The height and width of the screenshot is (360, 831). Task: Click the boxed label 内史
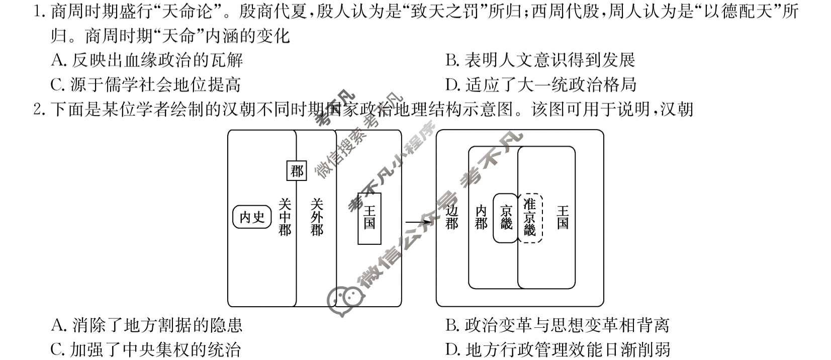(252, 217)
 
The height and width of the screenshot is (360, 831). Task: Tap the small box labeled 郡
(297, 171)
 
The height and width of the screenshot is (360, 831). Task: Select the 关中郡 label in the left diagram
(285, 217)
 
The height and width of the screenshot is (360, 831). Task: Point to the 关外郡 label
(317, 217)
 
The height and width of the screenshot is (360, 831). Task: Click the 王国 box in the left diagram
(370, 218)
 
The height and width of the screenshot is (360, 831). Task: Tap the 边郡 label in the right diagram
(452, 217)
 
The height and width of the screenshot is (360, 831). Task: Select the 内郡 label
(481, 217)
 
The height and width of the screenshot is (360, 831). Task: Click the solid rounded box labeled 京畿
(506, 218)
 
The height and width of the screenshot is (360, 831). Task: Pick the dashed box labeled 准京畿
(530, 218)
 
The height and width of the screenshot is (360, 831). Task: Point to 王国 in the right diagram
(563, 217)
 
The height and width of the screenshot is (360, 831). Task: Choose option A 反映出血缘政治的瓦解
(147, 60)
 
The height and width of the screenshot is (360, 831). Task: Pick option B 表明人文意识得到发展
(540, 60)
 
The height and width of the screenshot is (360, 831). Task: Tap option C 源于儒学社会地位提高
(146, 84)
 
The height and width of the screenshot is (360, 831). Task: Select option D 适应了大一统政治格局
(541, 84)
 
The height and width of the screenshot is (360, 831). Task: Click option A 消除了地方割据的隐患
(147, 325)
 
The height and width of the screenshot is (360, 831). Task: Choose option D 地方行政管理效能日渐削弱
(558, 349)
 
